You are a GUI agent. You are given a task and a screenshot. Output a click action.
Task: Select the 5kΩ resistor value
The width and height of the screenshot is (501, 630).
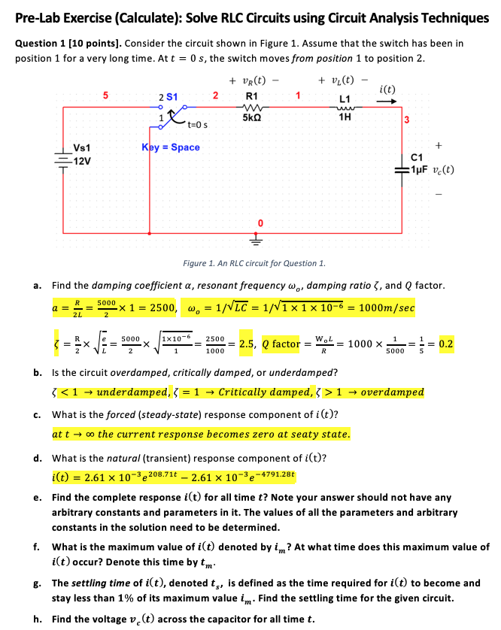(252, 117)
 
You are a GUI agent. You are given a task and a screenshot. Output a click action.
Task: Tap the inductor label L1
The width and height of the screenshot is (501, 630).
(345, 99)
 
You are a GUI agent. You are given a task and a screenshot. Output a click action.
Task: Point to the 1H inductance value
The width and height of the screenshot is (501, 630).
(345, 117)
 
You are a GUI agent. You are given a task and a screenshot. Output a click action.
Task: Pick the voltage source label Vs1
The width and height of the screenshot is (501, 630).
(82, 147)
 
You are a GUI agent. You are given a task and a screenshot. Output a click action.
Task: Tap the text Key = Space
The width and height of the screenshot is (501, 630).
(171, 147)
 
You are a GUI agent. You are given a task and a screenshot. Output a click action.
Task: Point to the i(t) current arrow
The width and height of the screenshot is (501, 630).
(389, 104)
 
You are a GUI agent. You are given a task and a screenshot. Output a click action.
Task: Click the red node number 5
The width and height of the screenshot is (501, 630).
(106, 95)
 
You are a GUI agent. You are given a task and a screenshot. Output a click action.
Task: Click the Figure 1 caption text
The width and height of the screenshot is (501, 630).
(254, 263)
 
